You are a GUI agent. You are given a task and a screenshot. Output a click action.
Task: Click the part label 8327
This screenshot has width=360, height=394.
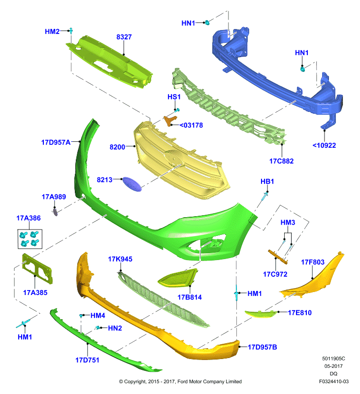pos(124,37)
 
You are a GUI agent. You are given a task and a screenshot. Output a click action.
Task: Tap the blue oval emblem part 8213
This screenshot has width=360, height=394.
pos(132,184)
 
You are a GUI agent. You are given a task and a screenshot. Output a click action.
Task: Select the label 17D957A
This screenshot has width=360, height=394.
pos(56,142)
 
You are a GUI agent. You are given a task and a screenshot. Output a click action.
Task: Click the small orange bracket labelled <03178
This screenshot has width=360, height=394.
pos(170,121)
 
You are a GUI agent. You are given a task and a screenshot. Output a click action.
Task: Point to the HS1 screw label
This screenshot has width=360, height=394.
pos(174,97)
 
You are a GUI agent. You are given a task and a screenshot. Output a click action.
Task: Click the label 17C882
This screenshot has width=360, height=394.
pos(281,161)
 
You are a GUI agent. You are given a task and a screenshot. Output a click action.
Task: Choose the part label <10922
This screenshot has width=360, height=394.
pos(324,145)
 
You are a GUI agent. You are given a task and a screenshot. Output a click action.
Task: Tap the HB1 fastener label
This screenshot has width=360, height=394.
pos(267,181)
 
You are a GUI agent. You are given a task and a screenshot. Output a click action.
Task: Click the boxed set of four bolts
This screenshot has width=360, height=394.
pos(30,239)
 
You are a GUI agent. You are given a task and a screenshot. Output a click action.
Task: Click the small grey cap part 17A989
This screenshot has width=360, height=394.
pos(55,212)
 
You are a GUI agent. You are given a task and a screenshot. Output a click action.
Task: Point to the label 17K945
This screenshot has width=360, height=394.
pos(120,259)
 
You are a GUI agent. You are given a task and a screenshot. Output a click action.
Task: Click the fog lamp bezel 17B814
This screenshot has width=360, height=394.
pos(177,278)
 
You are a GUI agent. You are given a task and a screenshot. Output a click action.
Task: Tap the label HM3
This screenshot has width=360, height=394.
pos(288,223)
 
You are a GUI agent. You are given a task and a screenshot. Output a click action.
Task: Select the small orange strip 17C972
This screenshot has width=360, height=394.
pos(278,257)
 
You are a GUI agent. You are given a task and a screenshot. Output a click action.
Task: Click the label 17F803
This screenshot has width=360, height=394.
pos(313,262)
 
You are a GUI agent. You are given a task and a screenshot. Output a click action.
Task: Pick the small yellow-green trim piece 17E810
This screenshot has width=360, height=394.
pos(261,314)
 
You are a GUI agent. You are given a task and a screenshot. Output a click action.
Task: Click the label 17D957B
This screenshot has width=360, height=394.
pos(262,347)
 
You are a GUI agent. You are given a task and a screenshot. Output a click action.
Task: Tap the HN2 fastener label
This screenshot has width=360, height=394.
pos(115,328)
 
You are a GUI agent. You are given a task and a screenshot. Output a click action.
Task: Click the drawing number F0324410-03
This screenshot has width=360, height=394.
pos(333,381)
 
